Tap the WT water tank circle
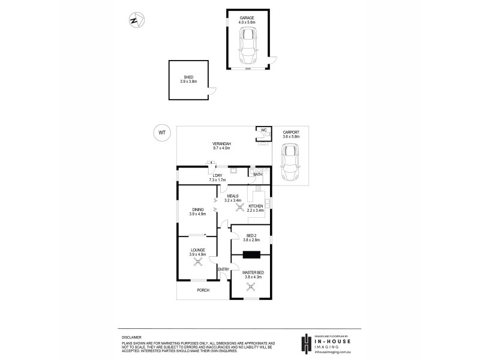(161, 132)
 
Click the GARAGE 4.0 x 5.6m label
(247, 21)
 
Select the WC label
(263, 130)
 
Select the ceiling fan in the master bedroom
(251, 286)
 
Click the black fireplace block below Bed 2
(251, 254)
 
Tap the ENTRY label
(223, 269)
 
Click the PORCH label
(203, 290)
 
